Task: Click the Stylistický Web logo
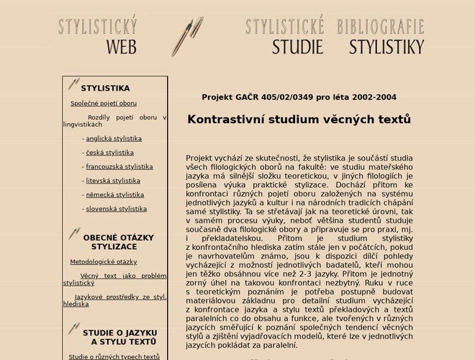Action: [x=98, y=37]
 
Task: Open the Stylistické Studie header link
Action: [x=286, y=37]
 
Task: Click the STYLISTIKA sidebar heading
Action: [x=105, y=89]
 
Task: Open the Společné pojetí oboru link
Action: [x=104, y=104]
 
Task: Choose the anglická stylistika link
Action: [x=114, y=139]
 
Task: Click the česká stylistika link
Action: [x=109, y=153]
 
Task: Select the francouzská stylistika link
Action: [x=119, y=167]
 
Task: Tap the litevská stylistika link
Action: [x=113, y=181]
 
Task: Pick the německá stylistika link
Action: [x=114, y=195]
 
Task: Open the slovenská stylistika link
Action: [x=116, y=210]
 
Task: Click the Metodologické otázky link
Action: [x=103, y=262]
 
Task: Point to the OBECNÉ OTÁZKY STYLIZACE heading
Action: [x=118, y=242]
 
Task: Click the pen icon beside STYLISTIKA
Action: [x=73, y=85]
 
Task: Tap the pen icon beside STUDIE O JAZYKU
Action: [x=73, y=329]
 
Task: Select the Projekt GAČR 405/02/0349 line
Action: [x=299, y=97]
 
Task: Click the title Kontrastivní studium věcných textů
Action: [x=299, y=120]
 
